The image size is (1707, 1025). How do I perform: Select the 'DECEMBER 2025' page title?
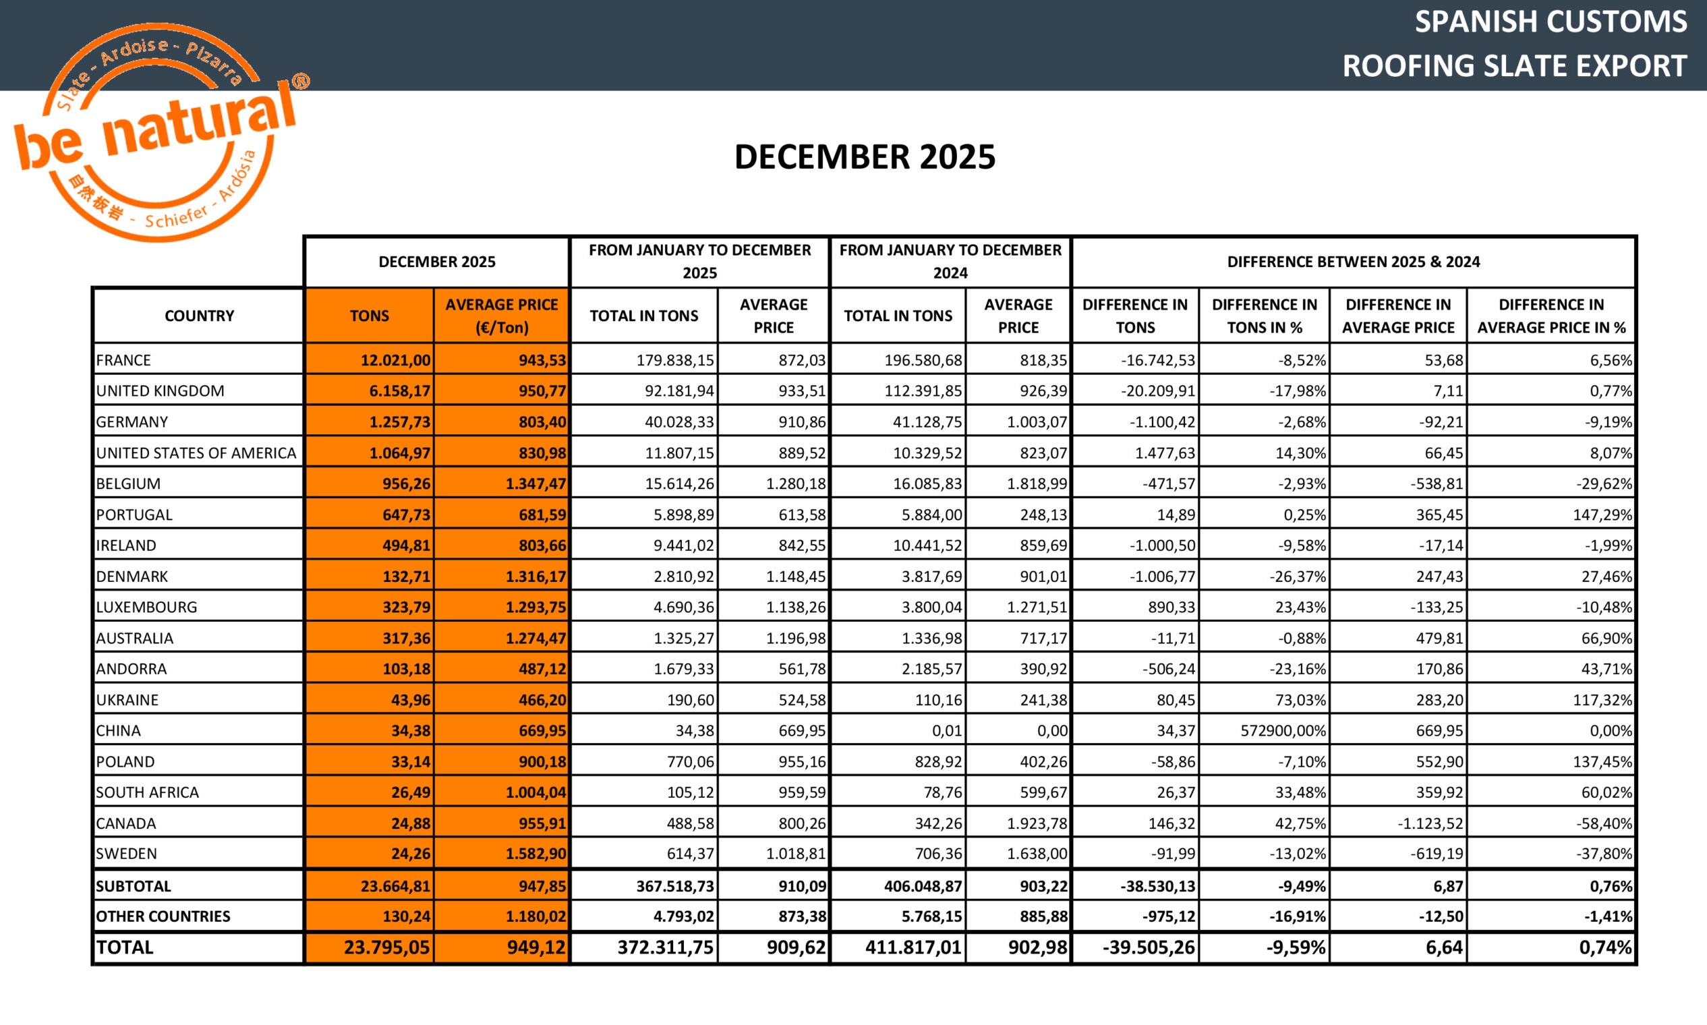click(x=864, y=157)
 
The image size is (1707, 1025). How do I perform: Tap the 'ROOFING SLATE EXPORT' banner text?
click(x=1514, y=66)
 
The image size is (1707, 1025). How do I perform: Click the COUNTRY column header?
click(x=199, y=316)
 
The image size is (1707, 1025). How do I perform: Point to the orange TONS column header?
click(x=369, y=316)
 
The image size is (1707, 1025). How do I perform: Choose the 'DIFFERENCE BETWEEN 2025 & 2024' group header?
click(x=1353, y=262)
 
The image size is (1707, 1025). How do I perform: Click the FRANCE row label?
click(x=123, y=360)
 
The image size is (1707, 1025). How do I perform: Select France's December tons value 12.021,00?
click(x=395, y=360)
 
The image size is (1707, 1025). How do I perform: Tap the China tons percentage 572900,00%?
click(x=1283, y=730)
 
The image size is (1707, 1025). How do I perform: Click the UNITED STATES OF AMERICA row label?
click(x=196, y=453)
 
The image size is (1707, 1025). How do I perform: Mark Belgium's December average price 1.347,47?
click(x=536, y=484)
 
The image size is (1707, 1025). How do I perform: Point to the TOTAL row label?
click(x=124, y=947)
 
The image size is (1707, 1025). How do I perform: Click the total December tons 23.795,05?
click(x=386, y=947)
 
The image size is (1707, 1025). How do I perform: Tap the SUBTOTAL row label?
click(x=133, y=886)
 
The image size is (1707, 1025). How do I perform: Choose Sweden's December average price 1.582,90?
click(x=536, y=854)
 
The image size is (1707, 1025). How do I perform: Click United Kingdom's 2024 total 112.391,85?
click(x=923, y=391)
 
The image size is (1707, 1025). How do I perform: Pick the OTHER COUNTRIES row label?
click(x=163, y=916)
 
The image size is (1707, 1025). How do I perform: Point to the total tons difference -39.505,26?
click(x=1148, y=947)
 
